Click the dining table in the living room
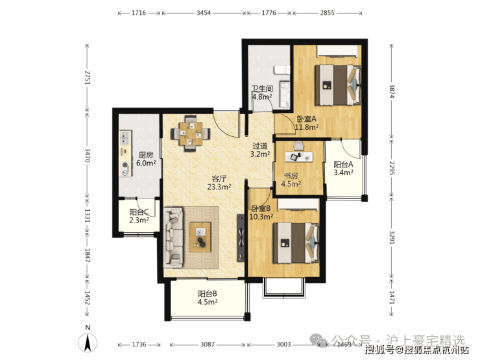click(191, 134)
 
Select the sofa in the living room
click(174, 237)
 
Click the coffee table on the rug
click(200, 237)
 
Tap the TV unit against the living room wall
click(241, 238)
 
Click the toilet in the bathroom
click(282, 70)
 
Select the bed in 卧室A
click(338, 85)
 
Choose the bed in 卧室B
click(296, 243)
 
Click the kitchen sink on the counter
click(125, 138)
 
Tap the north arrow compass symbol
click(88, 342)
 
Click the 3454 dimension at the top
click(204, 13)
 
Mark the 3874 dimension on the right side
click(392, 91)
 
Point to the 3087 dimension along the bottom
click(208, 344)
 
